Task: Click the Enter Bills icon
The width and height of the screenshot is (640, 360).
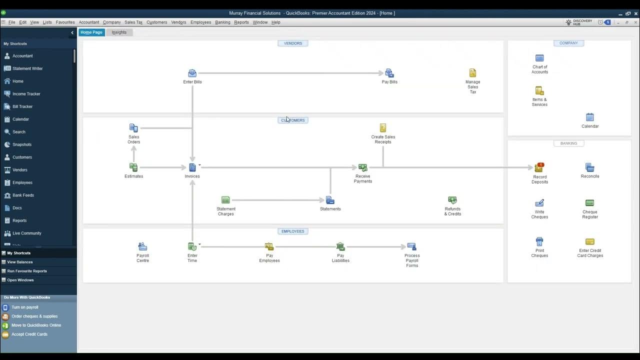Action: tap(192, 73)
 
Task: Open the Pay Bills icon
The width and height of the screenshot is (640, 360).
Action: tap(389, 73)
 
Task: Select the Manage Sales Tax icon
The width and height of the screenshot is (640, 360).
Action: tap(472, 73)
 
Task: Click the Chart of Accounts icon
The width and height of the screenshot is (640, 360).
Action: tap(539, 58)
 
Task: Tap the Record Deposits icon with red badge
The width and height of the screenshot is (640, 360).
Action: tap(539, 167)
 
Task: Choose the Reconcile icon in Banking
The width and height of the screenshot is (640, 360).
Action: tap(589, 167)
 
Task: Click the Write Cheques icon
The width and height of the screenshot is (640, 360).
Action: tap(539, 203)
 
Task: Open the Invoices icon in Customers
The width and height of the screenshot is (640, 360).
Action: tap(192, 167)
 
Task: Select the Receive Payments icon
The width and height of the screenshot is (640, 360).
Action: tap(362, 167)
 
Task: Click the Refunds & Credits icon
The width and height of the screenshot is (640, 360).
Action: tap(452, 200)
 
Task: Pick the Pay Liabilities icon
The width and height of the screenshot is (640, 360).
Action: tap(340, 246)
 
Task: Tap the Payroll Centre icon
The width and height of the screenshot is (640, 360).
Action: tap(142, 246)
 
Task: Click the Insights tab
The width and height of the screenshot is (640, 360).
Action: tap(119, 32)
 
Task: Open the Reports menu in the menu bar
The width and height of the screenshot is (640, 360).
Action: tap(241, 22)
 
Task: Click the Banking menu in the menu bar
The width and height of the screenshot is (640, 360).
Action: tap(222, 22)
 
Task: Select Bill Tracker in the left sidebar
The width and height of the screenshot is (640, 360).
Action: tap(22, 106)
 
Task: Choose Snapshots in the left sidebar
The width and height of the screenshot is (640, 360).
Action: tap(22, 144)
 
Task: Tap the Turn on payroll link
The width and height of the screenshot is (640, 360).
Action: tap(25, 307)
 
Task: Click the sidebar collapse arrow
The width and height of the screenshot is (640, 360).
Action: tap(72, 32)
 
